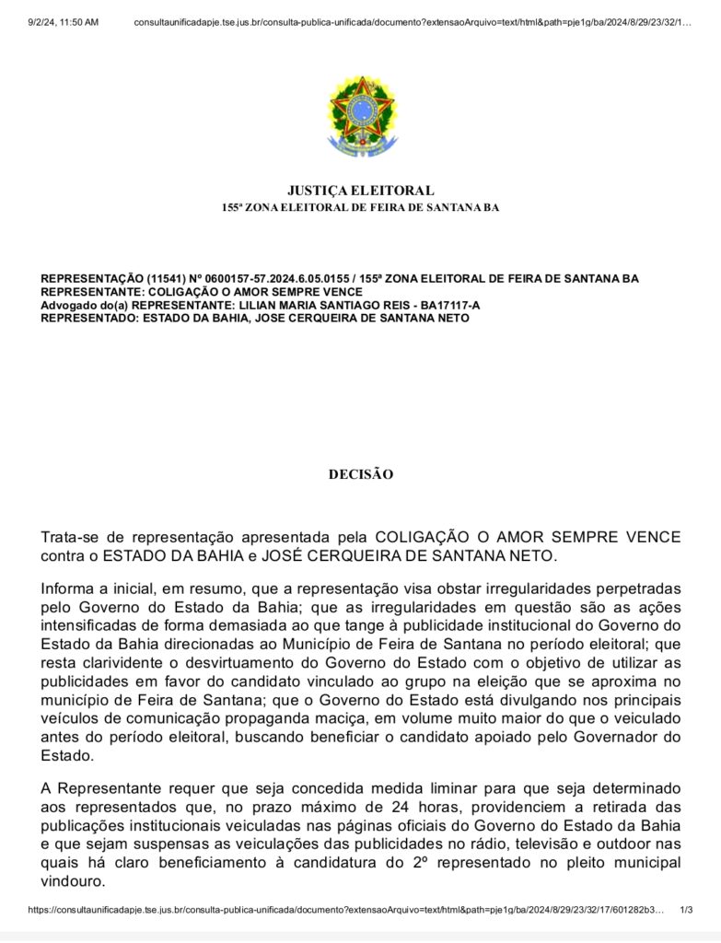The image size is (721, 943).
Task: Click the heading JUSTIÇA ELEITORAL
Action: pyautogui.click(x=360, y=191)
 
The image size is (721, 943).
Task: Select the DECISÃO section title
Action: pyautogui.click(x=360, y=475)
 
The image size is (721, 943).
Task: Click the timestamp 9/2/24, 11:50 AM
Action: pyautogui.click(x=64, y=21)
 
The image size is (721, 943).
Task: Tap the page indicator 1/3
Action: pyautogui.click(x=685, y=910)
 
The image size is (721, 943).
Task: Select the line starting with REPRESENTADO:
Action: pyautogui.click(x=255, y=319)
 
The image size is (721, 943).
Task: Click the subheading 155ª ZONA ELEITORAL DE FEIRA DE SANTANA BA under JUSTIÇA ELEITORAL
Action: pyautogui.click(x=360, y=208)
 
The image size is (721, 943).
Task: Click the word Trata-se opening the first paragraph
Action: pyautogui.click(x=73, y=537)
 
